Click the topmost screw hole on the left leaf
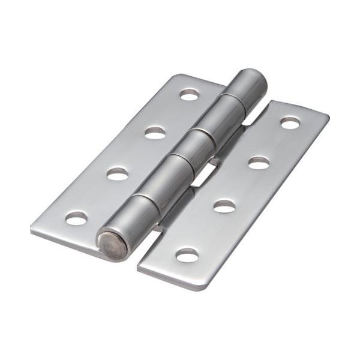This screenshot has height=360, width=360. tap(190, 94)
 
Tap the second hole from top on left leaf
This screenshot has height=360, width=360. tap(155, 133)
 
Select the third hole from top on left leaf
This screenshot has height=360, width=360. tap(118, 173)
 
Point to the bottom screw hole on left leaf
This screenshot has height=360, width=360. tap(76, 218)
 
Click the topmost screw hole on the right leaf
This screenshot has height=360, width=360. tap(290, 123)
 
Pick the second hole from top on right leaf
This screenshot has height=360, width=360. tap(258, 162)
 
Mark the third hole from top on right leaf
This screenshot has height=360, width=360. tap(224, 206)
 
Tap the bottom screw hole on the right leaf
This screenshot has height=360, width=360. tap(187, 255)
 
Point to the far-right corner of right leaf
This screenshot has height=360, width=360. tap(327, 115)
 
